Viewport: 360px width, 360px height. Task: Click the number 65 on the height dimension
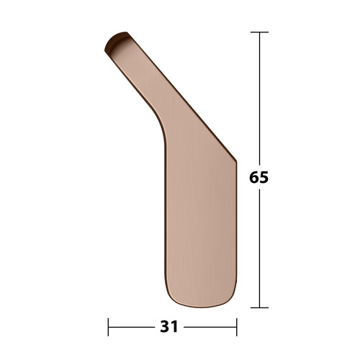click(x=258, y=176)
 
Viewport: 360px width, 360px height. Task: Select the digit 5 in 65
click(x=264, y=176)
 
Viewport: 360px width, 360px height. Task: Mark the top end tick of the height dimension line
click(x=259, y=32)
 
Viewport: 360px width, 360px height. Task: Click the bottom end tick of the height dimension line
click(x=259, y=307)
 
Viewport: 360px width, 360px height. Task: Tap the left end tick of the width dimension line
click(x=108, y=326)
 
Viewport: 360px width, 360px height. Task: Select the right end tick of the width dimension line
click(x=236, y=326)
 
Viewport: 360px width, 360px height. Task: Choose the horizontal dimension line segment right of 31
click(x=209, y=326)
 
